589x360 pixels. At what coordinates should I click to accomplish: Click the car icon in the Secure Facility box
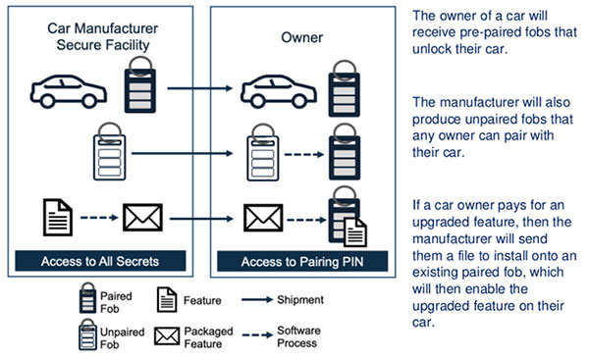coord(67,89)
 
